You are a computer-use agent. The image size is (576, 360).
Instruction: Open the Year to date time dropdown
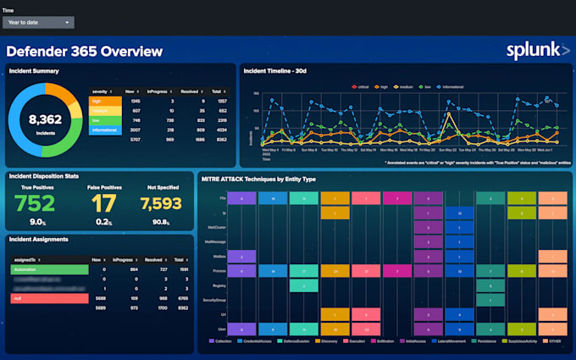39,22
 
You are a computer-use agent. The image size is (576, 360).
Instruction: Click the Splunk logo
538,51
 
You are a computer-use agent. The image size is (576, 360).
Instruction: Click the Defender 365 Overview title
85,52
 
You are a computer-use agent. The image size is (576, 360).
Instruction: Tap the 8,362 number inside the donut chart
45,119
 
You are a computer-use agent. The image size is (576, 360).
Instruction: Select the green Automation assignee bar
49,269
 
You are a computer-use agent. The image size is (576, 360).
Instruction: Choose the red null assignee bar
49,298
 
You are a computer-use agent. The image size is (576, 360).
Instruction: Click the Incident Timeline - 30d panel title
275,71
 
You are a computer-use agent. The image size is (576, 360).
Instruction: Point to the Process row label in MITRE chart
219,270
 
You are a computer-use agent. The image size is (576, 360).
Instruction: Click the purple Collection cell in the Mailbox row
241,255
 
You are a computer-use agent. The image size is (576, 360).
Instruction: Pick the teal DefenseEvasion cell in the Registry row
303,285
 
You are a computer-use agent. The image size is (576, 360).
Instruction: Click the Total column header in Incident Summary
217,91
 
